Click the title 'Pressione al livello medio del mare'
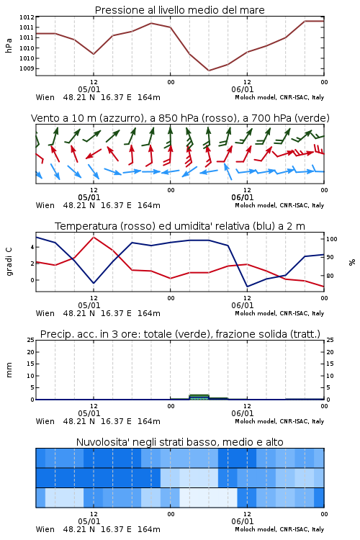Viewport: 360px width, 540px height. tap(179, 10)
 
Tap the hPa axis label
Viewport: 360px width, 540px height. tap(9, 45)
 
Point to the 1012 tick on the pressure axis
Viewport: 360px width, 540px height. tap(27, 17)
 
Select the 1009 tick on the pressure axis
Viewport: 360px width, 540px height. tap(27, 68)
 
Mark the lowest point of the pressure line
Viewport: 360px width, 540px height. tap(208, 71)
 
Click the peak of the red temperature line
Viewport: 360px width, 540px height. tap(94, 237)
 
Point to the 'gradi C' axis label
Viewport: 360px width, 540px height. tap(9, 261)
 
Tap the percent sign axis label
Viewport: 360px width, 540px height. tap(352, 262)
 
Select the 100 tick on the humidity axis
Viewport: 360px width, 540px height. tap(331, 239)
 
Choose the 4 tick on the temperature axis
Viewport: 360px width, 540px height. tap(32, 247)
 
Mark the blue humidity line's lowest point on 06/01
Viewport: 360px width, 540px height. tap(247, 286)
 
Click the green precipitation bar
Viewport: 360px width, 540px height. tap(199, 397)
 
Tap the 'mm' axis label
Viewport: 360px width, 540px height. tap(9, 369)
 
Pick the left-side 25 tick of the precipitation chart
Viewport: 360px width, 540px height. tap(31, 340)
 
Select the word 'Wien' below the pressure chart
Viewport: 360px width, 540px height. tap(45, 97)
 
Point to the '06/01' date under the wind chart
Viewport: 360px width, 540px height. tap(243, 198)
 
